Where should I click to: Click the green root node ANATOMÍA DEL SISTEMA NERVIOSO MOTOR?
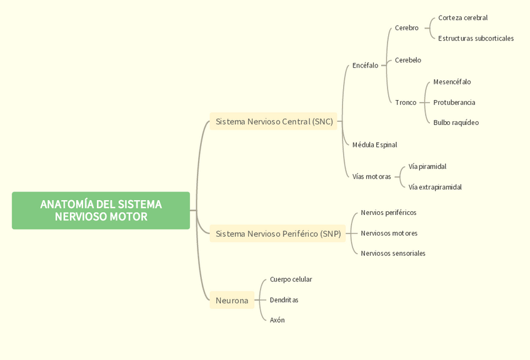[101, 211]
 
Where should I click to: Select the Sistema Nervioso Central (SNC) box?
[274, 121]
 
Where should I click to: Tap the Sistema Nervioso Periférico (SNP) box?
[278, 234]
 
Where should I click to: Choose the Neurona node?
[232, 301]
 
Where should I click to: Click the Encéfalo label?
[365, 65]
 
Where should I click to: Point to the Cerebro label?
[406, 28]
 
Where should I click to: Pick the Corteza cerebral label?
[462, 18]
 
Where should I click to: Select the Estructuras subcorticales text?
[476, 39]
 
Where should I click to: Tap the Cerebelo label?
[407, 61]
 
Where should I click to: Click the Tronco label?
[405, 102]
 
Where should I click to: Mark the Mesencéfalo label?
[452, 82]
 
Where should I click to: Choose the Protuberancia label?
[454, 102]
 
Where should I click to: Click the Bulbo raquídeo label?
[456, 122]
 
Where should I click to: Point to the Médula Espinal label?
[374, 145]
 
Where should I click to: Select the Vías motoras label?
[371, 177]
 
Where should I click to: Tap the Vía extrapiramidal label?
[435, 187]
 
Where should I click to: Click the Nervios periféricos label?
[388, 213]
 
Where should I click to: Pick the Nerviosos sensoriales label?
[392, 254]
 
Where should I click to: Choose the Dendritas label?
[284, 300]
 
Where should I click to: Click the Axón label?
[277, 321]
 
